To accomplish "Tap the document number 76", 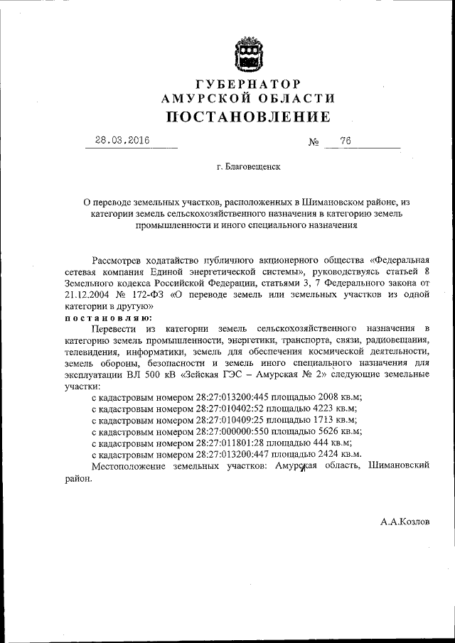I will pyautogui.click(x=346, y=141).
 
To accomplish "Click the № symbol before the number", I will pyautogui.click(x=314, y=142).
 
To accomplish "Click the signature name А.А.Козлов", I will pyautogui.click(x=405, y=522).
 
